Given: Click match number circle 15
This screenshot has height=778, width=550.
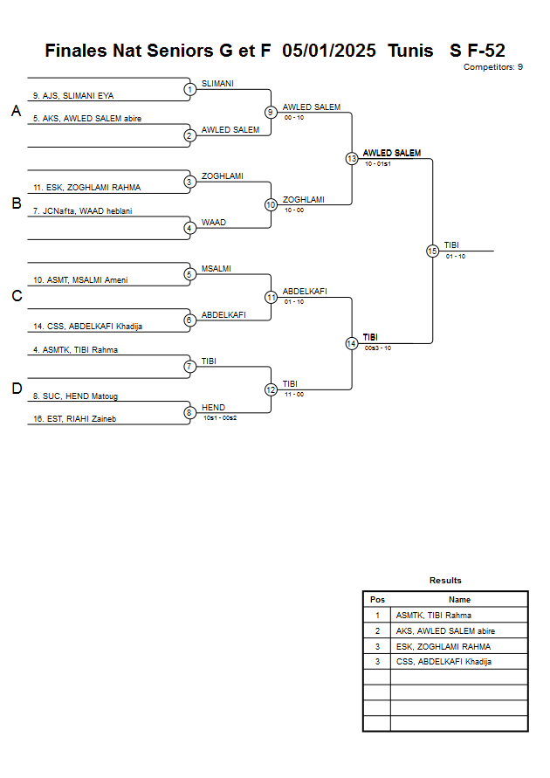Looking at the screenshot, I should [432, 251].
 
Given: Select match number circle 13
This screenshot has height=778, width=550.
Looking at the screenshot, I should [352, 159].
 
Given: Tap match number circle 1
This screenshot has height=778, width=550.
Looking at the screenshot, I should [189, 89].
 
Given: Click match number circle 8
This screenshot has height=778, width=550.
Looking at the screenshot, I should [189, 413].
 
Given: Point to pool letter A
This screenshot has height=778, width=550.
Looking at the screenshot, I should [16, 111].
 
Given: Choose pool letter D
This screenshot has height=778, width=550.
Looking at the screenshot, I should [16, 389].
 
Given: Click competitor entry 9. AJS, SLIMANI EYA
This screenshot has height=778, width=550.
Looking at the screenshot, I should [73, 95].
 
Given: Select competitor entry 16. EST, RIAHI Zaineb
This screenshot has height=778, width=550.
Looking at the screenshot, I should [75, 419].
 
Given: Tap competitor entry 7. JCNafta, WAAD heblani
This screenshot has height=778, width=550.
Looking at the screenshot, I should [82, 210].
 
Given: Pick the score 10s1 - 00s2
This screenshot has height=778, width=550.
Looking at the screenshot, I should [220, 418].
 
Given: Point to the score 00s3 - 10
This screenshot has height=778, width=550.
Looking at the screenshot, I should [377, 348].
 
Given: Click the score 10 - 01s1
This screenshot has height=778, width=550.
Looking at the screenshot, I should [377, 163].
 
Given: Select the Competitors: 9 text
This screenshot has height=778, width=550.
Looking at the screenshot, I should [493, 67].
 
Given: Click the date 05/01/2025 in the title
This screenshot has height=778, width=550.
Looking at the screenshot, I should [334, 51].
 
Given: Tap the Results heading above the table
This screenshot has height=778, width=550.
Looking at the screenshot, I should [445, 581].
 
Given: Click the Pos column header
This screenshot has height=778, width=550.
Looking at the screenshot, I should [377, 600].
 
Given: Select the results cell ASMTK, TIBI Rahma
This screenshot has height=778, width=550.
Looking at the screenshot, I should [433, 616].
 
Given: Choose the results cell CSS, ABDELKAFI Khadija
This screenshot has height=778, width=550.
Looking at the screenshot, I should [443, 662].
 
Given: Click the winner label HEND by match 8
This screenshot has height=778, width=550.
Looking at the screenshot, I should [213, 408].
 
